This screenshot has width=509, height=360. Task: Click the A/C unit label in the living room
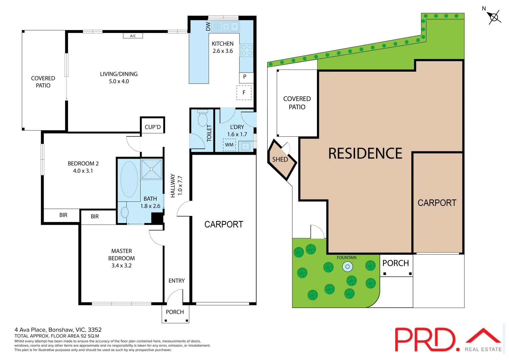[133, 36]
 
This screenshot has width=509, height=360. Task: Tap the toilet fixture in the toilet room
[202, 118]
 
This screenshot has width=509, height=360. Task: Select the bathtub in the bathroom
[129, 179]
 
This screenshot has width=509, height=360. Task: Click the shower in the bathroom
[152, 169]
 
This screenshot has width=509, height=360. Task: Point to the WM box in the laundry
[229, 145]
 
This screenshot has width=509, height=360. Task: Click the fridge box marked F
[244, 93]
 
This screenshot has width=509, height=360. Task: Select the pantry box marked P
[245, 77]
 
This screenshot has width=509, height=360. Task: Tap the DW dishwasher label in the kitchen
[208, 26]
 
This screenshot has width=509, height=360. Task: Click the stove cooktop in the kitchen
[247, 50]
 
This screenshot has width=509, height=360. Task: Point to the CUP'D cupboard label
[153, 127]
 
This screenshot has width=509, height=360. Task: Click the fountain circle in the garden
[347, 266]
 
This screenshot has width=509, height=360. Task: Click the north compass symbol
[494, 17]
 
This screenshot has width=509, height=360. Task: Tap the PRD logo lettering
[425, 339]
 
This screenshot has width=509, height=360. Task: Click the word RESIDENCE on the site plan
[365, 154]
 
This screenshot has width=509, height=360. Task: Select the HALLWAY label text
[173, 186]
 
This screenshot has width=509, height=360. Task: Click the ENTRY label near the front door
[177, 281]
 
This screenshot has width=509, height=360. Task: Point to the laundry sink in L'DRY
[246, 146]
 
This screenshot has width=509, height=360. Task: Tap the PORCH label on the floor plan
[175, 312]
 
